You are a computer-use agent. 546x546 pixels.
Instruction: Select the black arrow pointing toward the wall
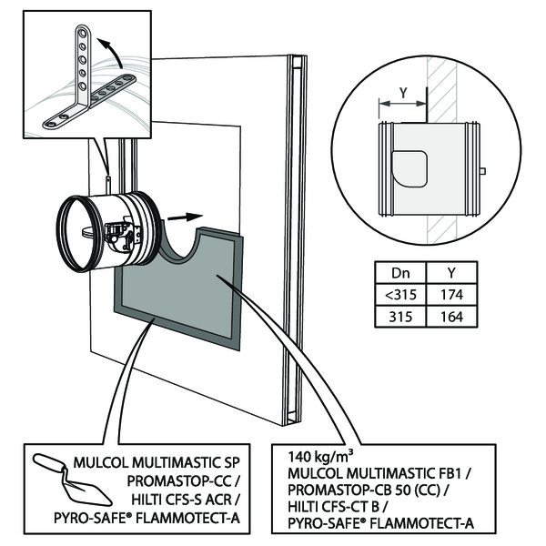point(185,218)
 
